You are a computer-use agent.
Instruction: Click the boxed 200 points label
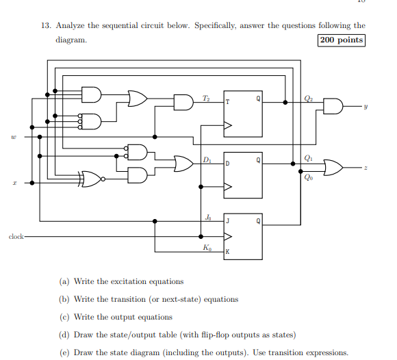click(342, 40)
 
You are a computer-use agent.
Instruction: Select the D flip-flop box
click(243, 174)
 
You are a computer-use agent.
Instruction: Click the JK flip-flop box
click(243, 235)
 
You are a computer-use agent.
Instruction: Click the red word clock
click(16, 237)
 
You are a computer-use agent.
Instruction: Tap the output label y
click(366, 107)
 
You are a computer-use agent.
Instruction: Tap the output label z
click(366, 168)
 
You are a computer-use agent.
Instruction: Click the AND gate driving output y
click(333, 107)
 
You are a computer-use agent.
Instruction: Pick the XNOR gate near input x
click(91, 179)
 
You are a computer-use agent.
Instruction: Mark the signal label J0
click(207, 217)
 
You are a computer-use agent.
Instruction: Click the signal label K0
click(207, 248)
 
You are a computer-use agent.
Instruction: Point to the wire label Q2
click(309, 97)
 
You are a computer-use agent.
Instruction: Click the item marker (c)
click(63, 317)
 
